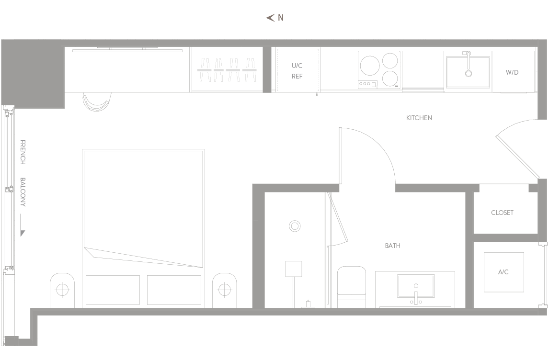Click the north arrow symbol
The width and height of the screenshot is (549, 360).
[x=270, y=18]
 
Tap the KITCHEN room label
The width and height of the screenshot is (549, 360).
[x=419, y=118]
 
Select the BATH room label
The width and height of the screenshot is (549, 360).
[x=392, y=246]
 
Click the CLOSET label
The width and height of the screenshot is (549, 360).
[x=502, y=213]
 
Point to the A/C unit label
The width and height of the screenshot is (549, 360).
[x=503, y=272]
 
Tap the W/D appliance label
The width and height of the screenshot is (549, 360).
[x=512, y=72]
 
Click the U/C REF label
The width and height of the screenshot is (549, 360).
[x=297, y=71]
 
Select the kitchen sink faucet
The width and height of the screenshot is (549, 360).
[x=468, y=64]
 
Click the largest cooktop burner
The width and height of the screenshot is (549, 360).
[x=370, y=66]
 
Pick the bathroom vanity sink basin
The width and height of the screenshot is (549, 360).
[x=416, y=286]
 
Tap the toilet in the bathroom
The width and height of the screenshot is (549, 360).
[x=352, y=287]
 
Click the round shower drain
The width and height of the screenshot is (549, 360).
[x=295, y=226]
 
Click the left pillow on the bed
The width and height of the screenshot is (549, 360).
[x=113, y=290]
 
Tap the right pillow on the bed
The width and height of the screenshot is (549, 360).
[x=174, y=290]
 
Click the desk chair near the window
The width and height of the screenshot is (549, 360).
[x=97, y=102]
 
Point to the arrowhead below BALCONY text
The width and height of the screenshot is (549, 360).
[x=23, y=233]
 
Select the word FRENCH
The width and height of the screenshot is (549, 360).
[x=23, y=152]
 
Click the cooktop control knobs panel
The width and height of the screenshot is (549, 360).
[x=367, y=84]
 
